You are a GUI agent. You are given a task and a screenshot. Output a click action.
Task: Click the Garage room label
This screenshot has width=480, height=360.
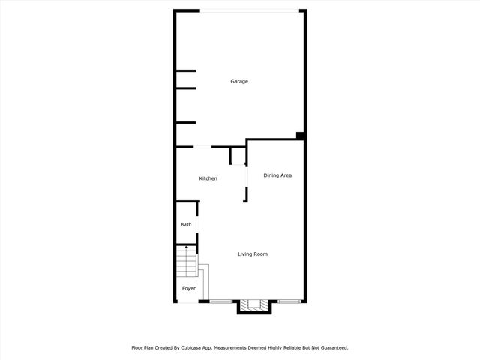tap(239, 82)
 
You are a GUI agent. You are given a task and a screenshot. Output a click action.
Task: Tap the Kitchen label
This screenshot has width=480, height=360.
tap(208, 178)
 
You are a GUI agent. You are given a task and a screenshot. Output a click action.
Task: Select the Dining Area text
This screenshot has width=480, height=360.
tap(277, 175)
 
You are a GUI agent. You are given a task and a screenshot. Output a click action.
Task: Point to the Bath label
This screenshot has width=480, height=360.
tap(185, 225)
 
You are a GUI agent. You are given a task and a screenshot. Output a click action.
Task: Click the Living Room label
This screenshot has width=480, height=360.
tap(253, 254)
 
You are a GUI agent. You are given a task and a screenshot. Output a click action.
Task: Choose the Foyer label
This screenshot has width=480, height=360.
tap(188, 288)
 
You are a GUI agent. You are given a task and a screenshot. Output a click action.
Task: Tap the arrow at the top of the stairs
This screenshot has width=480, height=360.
tap(187, 247)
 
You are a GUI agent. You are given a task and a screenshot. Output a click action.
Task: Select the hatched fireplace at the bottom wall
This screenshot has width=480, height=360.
tap(253, 306)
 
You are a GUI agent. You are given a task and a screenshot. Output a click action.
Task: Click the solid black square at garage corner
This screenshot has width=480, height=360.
tap(300, 136)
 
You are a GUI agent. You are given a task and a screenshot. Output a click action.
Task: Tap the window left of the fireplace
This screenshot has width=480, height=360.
tap(221, 301)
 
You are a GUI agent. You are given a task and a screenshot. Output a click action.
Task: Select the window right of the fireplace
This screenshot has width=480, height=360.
tap(289, 301)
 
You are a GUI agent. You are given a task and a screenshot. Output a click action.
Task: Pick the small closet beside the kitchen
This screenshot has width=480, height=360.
tap(237, 156)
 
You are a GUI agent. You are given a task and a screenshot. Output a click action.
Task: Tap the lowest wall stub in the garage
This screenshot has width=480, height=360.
tap(185, 122)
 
